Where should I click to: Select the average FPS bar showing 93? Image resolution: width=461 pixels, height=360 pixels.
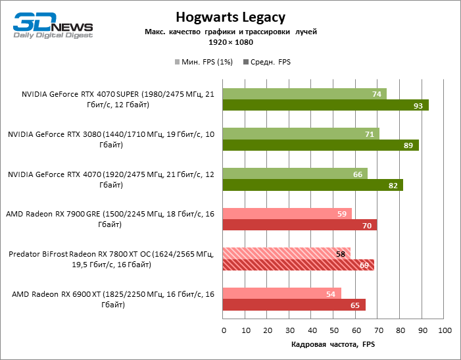pos(326,105)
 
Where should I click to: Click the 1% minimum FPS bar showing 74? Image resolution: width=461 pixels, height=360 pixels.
pos(304,94)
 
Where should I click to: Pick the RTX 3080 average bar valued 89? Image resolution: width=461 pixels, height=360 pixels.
pos(321,145)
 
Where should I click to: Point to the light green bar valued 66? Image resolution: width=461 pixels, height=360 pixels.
pos(295,174)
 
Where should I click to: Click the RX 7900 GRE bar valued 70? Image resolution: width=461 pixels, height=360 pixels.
pos(300,226)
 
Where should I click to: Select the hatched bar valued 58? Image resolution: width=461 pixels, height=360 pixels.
pos(287,253)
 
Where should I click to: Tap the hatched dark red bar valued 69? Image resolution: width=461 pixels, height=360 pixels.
pos(299,265)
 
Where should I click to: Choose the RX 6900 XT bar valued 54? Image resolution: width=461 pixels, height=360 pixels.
pos(282,294)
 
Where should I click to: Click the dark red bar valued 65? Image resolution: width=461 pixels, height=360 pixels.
pos(294,305)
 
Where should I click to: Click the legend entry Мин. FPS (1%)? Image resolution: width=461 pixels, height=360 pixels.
pos(204,62)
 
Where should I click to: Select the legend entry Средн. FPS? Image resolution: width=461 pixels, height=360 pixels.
pos(267,62)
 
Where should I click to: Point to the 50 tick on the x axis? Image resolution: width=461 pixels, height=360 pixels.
pos(333,329)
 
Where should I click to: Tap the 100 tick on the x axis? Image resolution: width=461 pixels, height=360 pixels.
pos(444,329)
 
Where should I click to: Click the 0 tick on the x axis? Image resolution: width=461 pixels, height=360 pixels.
pos(224,329)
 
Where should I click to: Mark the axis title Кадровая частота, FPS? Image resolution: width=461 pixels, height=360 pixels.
pos(333,345)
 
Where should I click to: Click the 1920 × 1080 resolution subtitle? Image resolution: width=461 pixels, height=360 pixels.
pos(230,42)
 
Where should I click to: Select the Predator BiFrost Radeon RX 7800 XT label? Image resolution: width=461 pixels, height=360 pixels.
pos(111,259)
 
